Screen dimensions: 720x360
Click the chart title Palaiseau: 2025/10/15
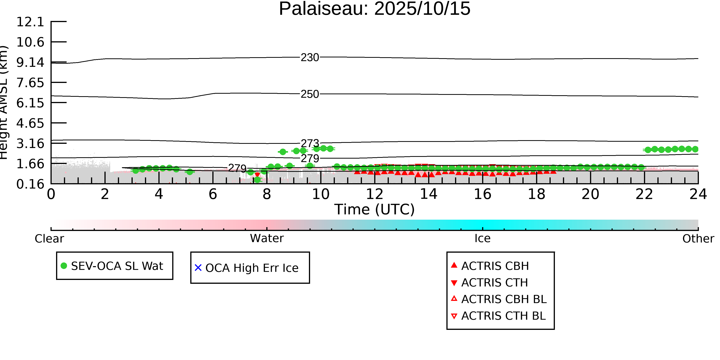[x=375, y=9]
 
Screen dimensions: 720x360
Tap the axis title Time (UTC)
[x=375, y=209]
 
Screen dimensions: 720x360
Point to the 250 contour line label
[x=310, y=94]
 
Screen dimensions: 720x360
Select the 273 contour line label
[x=310, y=143]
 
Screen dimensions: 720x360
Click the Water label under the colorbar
[x=267, y=238]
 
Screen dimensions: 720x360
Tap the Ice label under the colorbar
[x=483, y=238]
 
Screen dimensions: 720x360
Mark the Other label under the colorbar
[x=698, y=239]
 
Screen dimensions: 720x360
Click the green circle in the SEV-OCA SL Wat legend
[x=64, y=266]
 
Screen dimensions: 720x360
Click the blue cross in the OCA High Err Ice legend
[x=198, y=268]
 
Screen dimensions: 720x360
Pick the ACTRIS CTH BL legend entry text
[x=504, y=316]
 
